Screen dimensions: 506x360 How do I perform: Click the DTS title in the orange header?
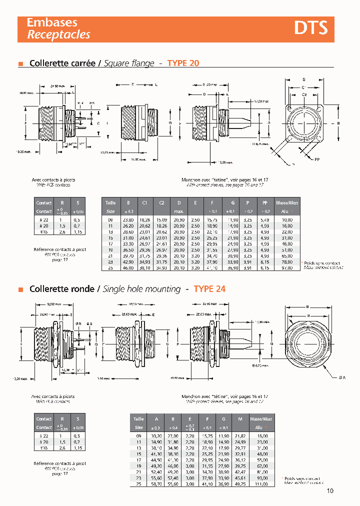310,28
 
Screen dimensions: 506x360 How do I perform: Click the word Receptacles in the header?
58,34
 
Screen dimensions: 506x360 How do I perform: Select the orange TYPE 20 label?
183,63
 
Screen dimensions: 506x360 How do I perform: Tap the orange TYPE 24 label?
209,289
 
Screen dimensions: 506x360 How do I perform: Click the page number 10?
330,490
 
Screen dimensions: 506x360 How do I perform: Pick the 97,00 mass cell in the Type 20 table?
286,268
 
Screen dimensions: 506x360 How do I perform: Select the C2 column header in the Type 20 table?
161,202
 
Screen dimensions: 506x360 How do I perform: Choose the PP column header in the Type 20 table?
264,202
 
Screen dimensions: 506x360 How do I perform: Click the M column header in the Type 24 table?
240,419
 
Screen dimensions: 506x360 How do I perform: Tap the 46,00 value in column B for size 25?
128,268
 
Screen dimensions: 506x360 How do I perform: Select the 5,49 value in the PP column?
264,219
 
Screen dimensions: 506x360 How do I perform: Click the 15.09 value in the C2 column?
161,219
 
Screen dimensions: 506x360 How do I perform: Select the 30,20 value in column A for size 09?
156,436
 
